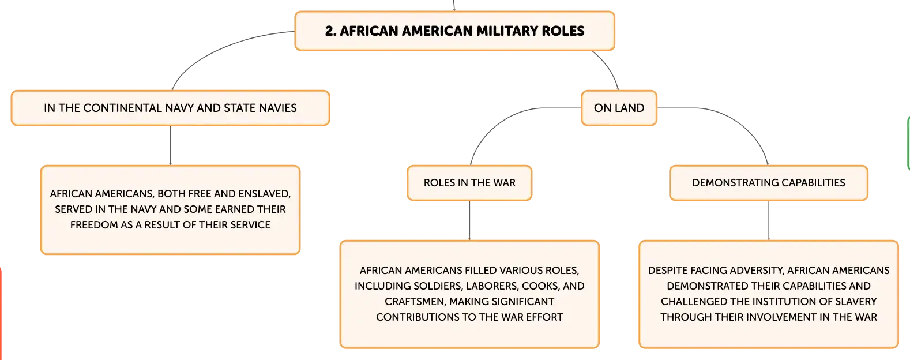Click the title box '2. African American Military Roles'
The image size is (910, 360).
(454, 31)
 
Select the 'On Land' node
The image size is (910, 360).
(619, 108)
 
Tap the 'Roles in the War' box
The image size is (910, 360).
(469, 183)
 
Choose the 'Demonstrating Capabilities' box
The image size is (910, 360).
(769, 183)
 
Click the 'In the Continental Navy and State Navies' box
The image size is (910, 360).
(170, 108)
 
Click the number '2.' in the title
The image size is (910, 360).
(330, 31)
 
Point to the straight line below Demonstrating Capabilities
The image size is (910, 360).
(769, 220)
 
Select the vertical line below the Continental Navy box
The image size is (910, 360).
(170, 145)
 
